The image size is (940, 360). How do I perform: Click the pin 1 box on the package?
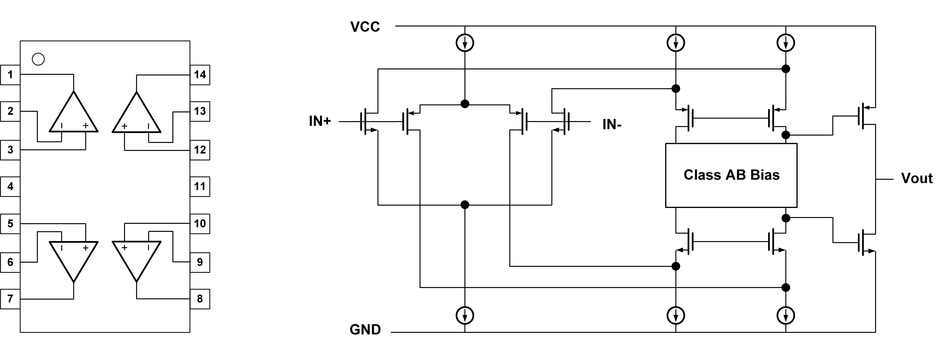pyautogui.click(x=10, y=75)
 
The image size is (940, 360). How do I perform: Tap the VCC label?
pyautogui.click(x=365, y=27)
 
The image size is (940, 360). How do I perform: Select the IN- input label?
pyautogui.click(x=612, y=125)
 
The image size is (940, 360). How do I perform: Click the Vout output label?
pyautogui.click(x=917, y=178)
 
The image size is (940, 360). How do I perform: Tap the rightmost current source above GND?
pyautogui.click(x=786, y=315)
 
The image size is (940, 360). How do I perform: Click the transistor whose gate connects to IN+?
pyautogui.click(x=367, y=121)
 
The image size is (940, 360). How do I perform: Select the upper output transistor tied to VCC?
pyautogui.click(x=865, y=116)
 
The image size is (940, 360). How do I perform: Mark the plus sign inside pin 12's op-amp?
pyautogui.click(x=124, y=126)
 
